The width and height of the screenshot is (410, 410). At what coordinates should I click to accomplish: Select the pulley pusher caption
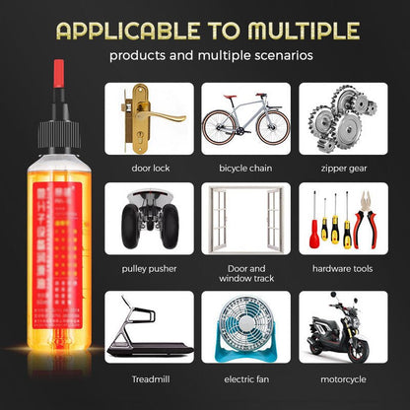pos(150,267)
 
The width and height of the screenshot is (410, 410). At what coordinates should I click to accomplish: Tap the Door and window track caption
pos(246,273)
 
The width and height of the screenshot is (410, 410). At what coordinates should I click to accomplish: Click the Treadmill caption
pos(150,377)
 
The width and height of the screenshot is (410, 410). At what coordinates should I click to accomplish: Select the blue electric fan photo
pos(246,328)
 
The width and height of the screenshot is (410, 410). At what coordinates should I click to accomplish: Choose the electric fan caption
pos(246,377)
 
